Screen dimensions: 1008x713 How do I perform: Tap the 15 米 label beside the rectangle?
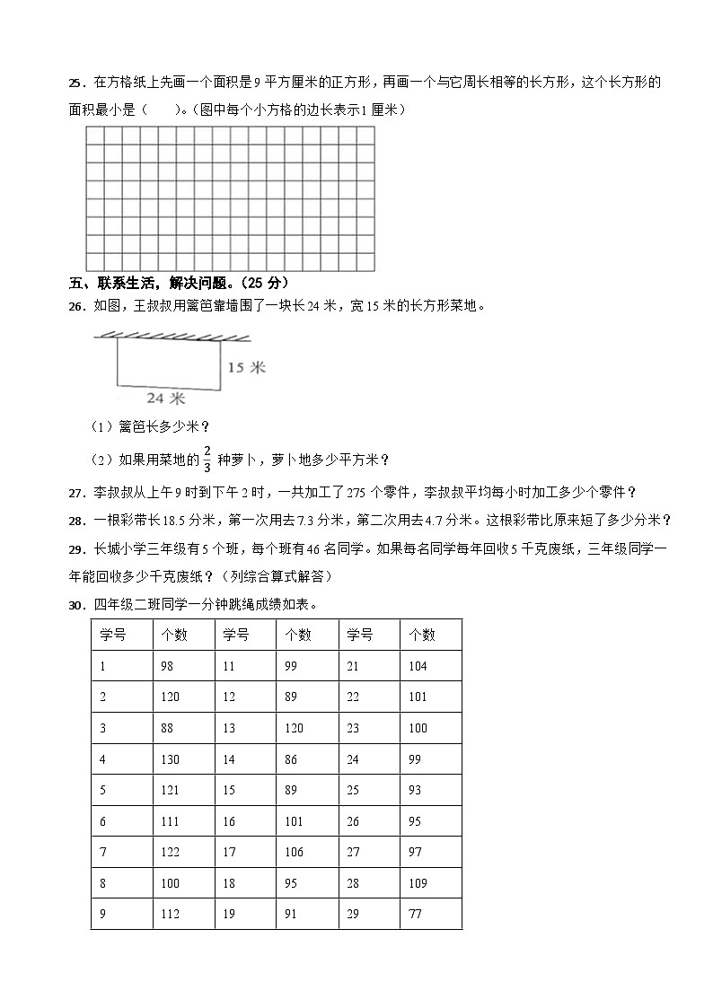246,367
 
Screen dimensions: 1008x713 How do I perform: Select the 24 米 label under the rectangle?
166,397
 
